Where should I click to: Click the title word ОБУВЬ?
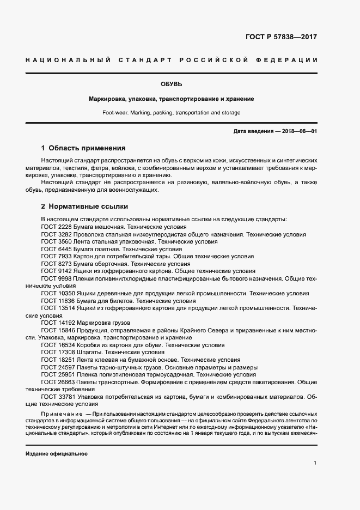tap(171, 84)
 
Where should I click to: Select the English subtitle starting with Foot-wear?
tap(171, 113)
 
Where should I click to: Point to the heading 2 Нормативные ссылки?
tap(84, 207)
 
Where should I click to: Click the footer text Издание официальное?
tap(57, 454)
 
